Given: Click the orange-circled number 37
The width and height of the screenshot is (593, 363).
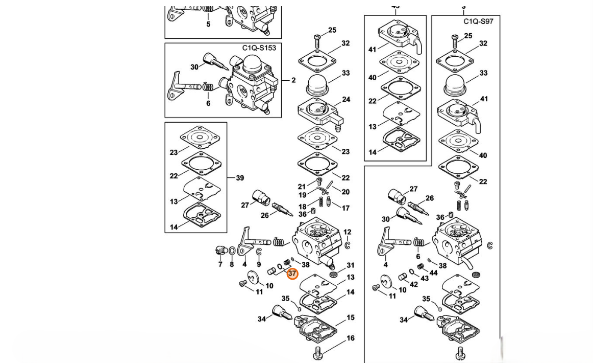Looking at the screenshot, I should pyautogui.click(x=292, y=274).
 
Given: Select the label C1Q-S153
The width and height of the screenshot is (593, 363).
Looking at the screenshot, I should pyautogui.click(x=259, y=48).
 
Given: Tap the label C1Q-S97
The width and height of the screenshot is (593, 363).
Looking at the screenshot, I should pyautogui.click(x=478, y=21).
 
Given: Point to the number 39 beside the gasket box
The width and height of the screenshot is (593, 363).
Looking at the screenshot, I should pyautogui.click(x=239, y=178).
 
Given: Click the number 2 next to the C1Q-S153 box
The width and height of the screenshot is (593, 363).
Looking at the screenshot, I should pyautogui.click(x=293, y=80).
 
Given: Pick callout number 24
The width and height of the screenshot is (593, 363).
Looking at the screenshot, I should pyautogui.click(x=346, y=99).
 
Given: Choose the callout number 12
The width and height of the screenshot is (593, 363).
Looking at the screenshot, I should pyautogui.click(x=348, y=232).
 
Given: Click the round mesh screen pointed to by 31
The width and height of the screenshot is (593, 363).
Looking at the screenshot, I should pyautogui.click(x=333, y=275).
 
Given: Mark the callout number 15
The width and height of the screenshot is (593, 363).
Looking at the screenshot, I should pyautogui.click(x=350, y=317).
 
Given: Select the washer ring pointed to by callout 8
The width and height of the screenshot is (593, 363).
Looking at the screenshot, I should pyautogui.click(x=232, y=251).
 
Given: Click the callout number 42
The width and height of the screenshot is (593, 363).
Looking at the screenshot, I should pyautogui.click(x=413, y=284).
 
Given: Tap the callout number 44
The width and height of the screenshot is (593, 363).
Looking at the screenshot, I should pyautogui.click(x=433, y=274).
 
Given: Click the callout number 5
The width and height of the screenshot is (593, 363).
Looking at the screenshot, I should pyautogui.click(x=208, y=24).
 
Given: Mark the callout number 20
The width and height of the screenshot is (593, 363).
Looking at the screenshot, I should pyautogui.click(x=345, y=192).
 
